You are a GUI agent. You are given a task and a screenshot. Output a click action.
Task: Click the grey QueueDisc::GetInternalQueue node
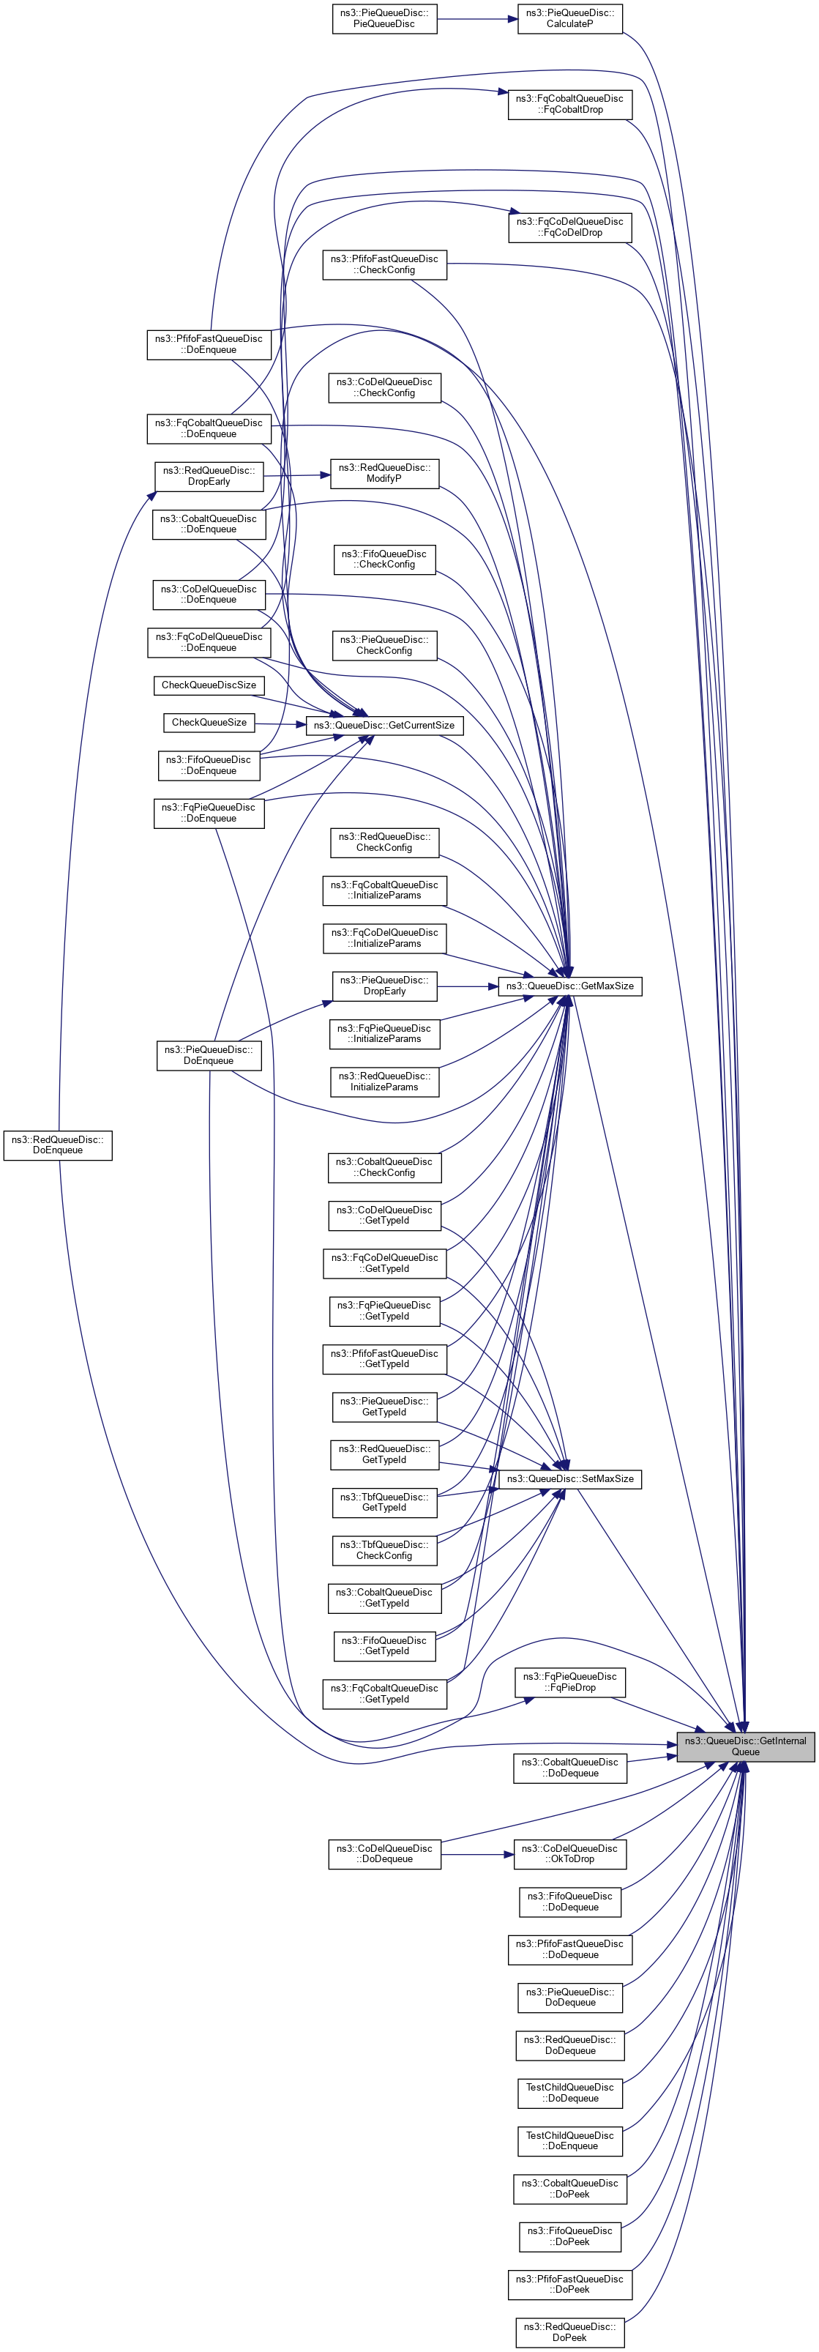click(x=745, y=1746)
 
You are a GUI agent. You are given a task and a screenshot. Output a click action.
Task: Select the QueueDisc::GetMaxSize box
click(x=569, y=986)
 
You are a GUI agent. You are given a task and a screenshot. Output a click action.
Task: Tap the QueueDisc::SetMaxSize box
click(x=569, y=1478)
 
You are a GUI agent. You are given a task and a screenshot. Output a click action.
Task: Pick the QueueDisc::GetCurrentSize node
click(x=384, y=725)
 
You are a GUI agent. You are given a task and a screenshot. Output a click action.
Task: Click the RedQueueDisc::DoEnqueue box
click(x=58, y=1145)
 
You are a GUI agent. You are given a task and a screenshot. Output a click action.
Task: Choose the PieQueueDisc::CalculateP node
click(x=569, y=18)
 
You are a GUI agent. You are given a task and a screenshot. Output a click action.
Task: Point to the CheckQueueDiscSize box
click(x=209, y=685)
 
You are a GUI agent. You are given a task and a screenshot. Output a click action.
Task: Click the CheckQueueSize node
click(x=209, y=722)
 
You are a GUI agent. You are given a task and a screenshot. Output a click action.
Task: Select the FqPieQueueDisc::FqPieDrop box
click(x=569, y=1682)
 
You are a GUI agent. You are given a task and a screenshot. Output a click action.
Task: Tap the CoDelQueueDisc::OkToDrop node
click(x=569, y=1853)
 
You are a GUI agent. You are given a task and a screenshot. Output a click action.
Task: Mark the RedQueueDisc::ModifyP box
click(x=384, y=473)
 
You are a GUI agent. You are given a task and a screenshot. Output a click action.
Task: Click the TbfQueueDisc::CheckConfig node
click(x=384, y=1550)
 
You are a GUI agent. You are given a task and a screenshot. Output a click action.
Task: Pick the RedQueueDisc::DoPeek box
click(x=569, y=2332)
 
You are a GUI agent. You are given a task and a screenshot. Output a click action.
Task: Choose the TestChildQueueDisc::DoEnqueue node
click(x=569, y=2140)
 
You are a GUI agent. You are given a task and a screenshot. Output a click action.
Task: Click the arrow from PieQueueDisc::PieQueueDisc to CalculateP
click(x=476, y=18)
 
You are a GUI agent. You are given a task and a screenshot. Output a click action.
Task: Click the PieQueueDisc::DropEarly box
click(x=384, y=986)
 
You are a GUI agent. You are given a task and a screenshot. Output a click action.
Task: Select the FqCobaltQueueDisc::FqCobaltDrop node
click(x=569, y=104)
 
